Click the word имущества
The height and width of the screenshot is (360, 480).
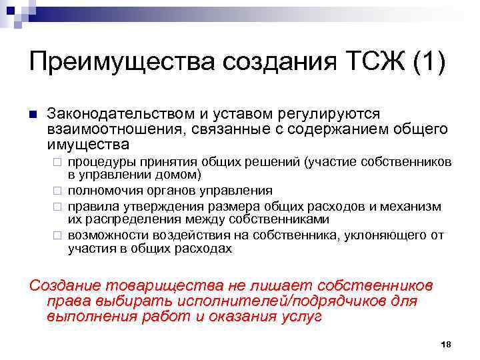(x=88, y=143)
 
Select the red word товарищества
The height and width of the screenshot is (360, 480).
(x=157, y=285)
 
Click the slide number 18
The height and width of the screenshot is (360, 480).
(x=446, y=344)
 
